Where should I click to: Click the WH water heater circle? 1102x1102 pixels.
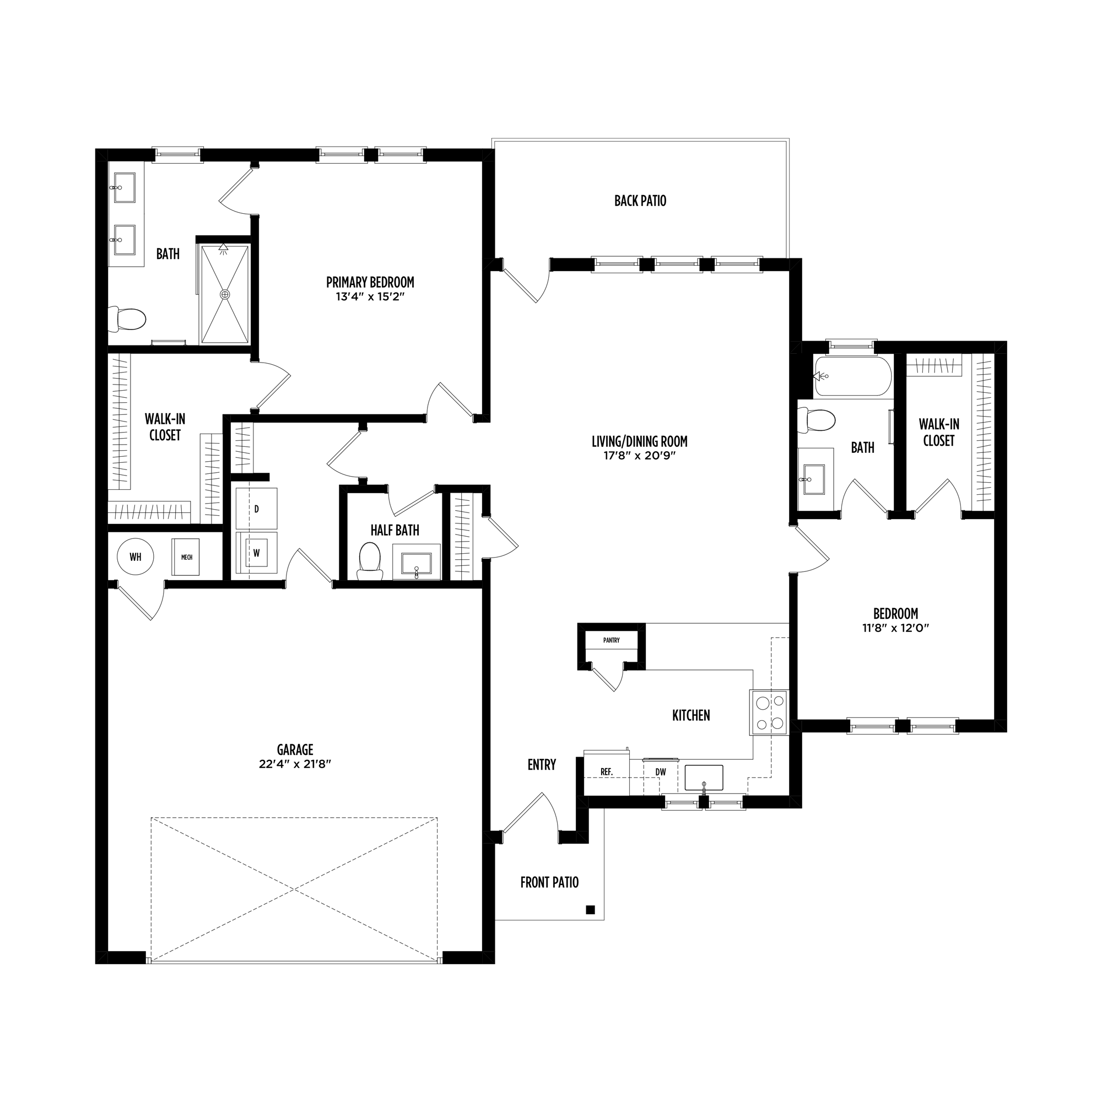[135, 557]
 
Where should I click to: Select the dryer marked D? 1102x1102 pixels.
[257, 509]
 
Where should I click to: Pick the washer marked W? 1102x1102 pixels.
[257, 553]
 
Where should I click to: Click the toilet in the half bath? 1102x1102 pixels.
[370, 561]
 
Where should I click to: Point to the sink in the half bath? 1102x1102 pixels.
[417, 563]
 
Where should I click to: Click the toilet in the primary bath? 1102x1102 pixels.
[127, 320]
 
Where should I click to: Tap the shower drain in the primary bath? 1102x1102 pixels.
[225, 294]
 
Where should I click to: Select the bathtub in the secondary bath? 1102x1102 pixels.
[853, 376]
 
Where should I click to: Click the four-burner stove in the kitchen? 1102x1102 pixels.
[769, 712]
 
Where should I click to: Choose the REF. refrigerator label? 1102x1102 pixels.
[606, 772]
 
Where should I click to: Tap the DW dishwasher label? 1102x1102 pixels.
[661, 773]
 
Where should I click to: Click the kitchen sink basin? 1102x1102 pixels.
[704, 777]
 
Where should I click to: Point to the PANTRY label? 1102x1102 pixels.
[612, 640]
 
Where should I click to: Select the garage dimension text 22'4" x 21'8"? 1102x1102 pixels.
[295, 764]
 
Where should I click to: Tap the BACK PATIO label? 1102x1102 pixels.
[640, 201]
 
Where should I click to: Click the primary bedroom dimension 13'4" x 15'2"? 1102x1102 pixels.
[370, 296]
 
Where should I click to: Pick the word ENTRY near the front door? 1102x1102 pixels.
[542, 765]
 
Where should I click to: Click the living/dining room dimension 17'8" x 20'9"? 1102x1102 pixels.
[639, 456]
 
